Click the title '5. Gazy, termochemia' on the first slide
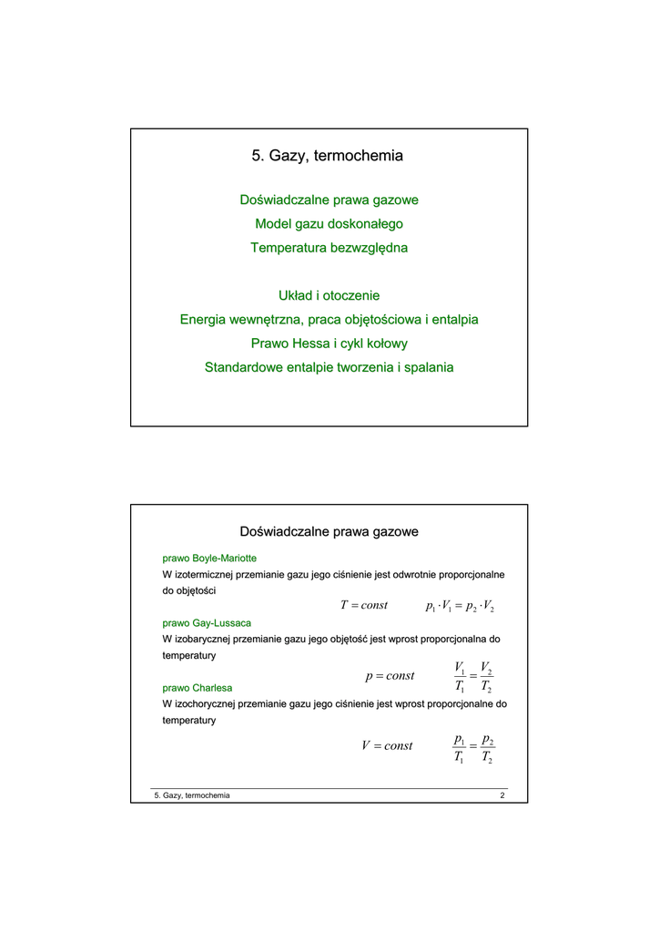[328, 156]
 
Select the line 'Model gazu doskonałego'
[329, 223]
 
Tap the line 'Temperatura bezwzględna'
[329, 247]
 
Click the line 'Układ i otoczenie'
[329, 295]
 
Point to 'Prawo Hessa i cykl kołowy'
[329, 343]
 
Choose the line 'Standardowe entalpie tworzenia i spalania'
[329, 367]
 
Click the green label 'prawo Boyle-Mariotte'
[209, 558]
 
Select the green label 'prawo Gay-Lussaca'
[207, 623]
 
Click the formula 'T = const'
[363, 606]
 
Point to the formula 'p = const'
[389, 676]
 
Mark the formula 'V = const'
[387, 745]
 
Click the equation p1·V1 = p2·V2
[460, 607]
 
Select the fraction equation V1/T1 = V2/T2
[473, 676]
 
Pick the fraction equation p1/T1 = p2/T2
[473, 747]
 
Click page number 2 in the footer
[502, 795]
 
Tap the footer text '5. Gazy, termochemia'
[192, 795]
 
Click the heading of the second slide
[329, 531]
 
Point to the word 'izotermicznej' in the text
[204, 575]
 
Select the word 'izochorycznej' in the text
[205, 704]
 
